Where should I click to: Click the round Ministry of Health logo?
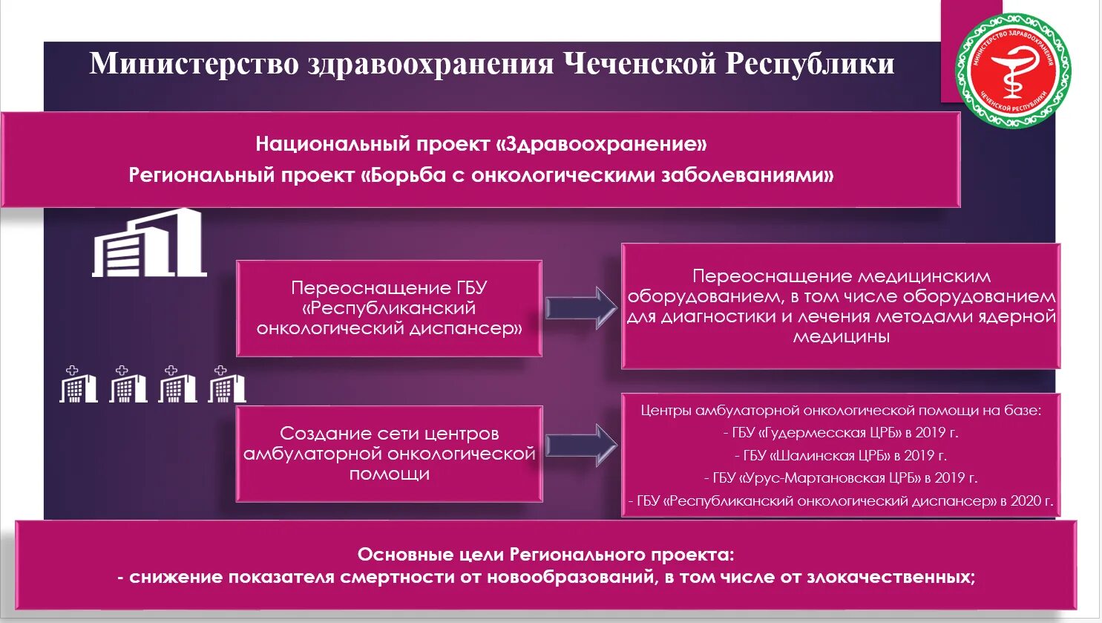(1012, 71)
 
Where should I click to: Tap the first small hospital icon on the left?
(78, 385)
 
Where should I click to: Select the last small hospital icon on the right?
(226, 385)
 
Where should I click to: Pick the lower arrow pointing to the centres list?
(581, 445)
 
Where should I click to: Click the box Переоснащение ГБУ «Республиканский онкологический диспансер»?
(389, 308)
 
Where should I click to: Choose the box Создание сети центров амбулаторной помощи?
(389, 453)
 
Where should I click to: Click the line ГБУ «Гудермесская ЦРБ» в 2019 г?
(840, 433)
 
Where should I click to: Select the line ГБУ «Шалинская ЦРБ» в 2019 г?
(840, 456)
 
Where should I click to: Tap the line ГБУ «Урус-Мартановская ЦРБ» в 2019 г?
(840, 478)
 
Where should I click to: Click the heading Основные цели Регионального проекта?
(545, 555)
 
